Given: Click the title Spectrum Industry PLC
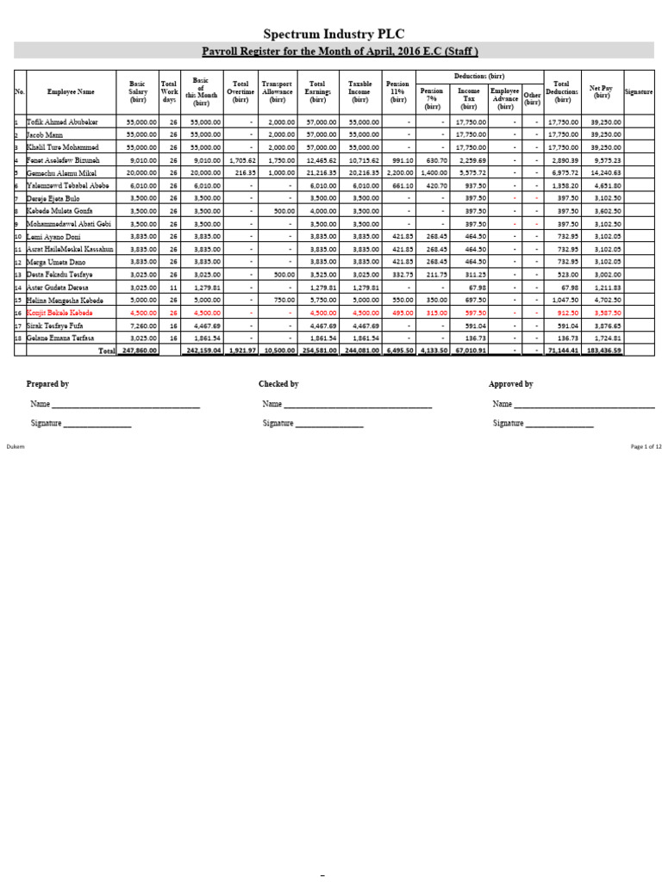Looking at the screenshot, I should [x=331, y=34].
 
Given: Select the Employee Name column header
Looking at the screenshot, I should [x=72, y=91].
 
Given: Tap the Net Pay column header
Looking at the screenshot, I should [x=601, y=91].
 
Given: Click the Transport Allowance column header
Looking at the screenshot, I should [x=277, y=91].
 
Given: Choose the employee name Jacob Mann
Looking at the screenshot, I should [x=47, y=134].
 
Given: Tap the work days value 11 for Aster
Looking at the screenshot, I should [x=173, y=287].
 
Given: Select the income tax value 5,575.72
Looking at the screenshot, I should [x=471, y=172].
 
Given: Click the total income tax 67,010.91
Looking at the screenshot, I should [x=467, y=351].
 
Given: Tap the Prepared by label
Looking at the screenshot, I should [x=47, y=384].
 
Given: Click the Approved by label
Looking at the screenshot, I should [x=510, y=384].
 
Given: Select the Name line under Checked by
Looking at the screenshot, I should [x=347, y=404].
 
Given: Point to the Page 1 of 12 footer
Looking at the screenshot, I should [x=646, y=446].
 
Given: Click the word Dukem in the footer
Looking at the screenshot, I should [x=16, y=446].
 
